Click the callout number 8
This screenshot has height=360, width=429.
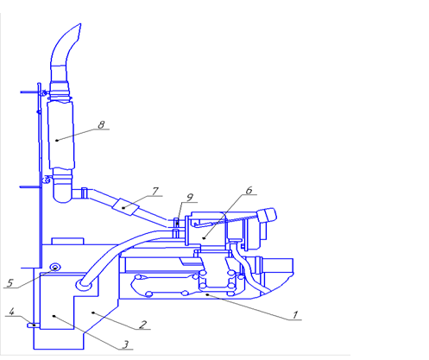[101, 124]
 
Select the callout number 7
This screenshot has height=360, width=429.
[155, 191]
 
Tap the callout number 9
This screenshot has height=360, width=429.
[190, 198]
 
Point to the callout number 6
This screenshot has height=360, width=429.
[249, 190]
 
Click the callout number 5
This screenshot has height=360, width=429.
[9, 282]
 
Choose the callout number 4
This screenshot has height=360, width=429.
[11, 312]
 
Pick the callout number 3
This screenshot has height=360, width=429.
[125, 344]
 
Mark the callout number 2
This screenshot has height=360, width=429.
[143, 325]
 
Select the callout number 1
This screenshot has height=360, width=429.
[294, 315]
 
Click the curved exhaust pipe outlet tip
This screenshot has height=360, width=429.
[80, 24]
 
